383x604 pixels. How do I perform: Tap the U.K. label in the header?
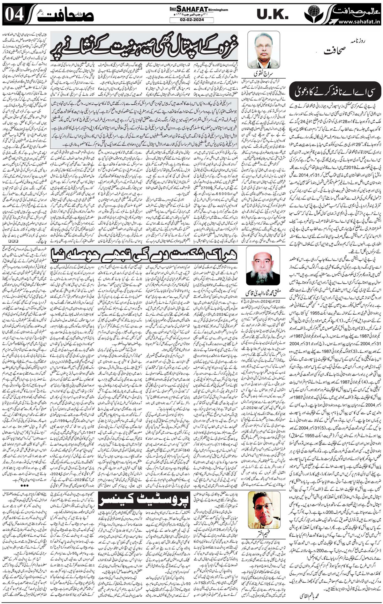pyautogui.click(x=273, y=15)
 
